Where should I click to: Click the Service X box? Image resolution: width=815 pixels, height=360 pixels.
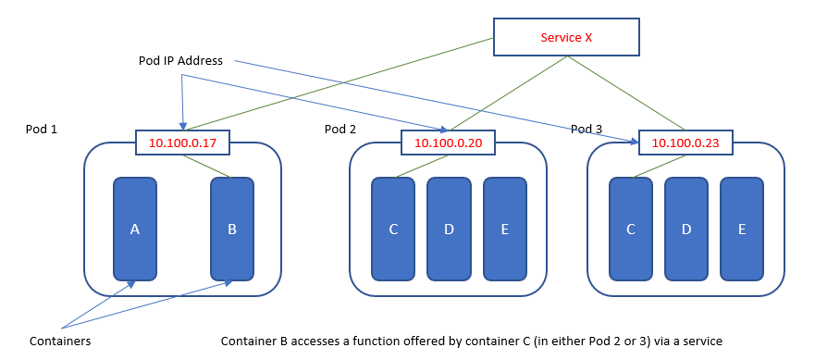tap(566, 38)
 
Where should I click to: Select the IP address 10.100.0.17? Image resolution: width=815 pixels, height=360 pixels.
tap(182, 143)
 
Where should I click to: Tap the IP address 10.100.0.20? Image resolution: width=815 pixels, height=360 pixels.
tap(448, 143)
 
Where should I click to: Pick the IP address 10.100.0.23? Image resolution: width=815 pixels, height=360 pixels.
tap(685, 143)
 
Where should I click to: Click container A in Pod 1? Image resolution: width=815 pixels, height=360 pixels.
tap(135, 229)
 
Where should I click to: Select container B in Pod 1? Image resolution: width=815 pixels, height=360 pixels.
tap(232, 229)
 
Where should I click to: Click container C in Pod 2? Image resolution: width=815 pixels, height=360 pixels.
tap(393, 229)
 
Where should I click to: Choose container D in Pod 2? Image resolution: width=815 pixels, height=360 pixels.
tap(449, 229)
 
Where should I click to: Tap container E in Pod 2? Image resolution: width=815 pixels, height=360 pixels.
tap(504, 229)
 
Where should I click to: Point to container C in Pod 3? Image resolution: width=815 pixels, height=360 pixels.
tap(631, 229)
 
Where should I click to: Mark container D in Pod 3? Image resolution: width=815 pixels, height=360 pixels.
tap(686, 229)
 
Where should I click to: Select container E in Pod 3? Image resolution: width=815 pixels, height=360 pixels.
tap(742, 229)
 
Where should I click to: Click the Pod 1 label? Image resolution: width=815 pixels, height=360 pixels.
tap(42, 129)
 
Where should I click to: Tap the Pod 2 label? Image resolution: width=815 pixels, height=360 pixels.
tap(340, 129)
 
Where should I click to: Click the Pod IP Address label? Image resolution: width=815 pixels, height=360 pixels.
tap(176, 60)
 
